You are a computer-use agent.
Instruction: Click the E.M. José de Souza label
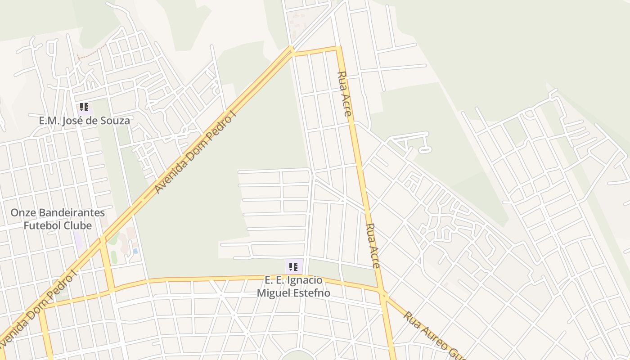[x=84, y=121]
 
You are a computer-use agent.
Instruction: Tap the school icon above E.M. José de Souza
[x=84, y=107]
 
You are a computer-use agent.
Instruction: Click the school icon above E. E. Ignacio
[x=293, y=267]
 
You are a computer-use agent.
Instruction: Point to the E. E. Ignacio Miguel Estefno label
[x=293, y=287]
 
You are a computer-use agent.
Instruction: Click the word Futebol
[x=45, y=225]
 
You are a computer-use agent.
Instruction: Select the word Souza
[x=116, y=121]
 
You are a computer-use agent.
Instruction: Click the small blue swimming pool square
[x=135, y=251]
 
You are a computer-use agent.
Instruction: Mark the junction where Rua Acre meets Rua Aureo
[x=383, y=295]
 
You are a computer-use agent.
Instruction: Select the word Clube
[x=79, y=225]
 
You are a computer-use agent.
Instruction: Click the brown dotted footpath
[x=93, y=51]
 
